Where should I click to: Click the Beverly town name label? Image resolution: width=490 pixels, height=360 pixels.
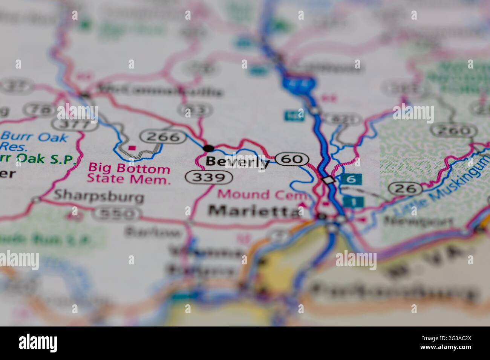click(237, 162)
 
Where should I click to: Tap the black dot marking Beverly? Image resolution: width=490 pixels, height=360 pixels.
click(208, 148)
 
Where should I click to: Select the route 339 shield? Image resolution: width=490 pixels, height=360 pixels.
click(208, 177)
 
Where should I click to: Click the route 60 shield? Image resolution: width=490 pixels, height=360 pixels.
click(292, 159)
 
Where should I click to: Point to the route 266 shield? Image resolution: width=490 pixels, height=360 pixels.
click(163, 137)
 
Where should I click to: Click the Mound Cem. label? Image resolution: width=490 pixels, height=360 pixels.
click(264, 195)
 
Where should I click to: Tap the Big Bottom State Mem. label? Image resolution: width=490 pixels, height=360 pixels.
click(129, 174)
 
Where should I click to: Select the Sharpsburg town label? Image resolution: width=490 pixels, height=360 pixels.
click(99, 196)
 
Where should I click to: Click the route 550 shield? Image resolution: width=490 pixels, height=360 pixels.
click(118, 214)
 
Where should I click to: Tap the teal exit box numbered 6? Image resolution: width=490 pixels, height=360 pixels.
click(351, 180)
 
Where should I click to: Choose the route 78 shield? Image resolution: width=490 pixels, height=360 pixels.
click(39, 110)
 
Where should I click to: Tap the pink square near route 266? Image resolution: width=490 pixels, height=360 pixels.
click(132, 148)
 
